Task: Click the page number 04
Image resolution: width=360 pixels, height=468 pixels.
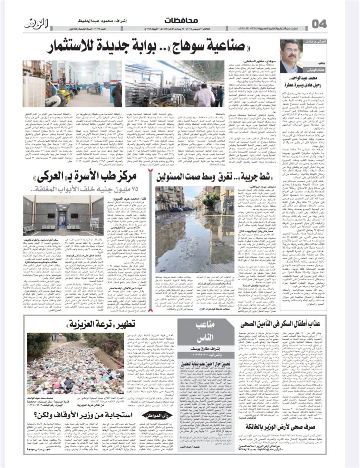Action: point(319,24)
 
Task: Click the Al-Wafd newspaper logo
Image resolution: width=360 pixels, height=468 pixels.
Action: point(37,24)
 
